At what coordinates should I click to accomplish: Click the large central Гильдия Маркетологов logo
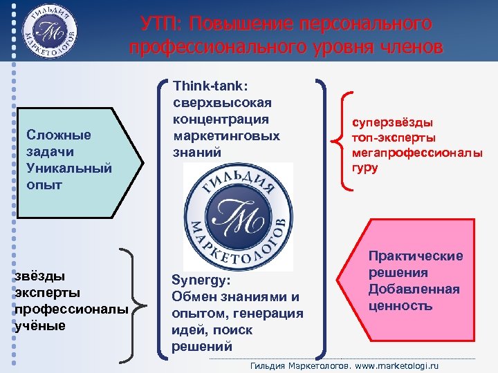(x=238, y=217)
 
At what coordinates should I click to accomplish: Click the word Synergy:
(x=200, y=282)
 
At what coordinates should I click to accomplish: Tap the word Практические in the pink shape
(x=415, y=256)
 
